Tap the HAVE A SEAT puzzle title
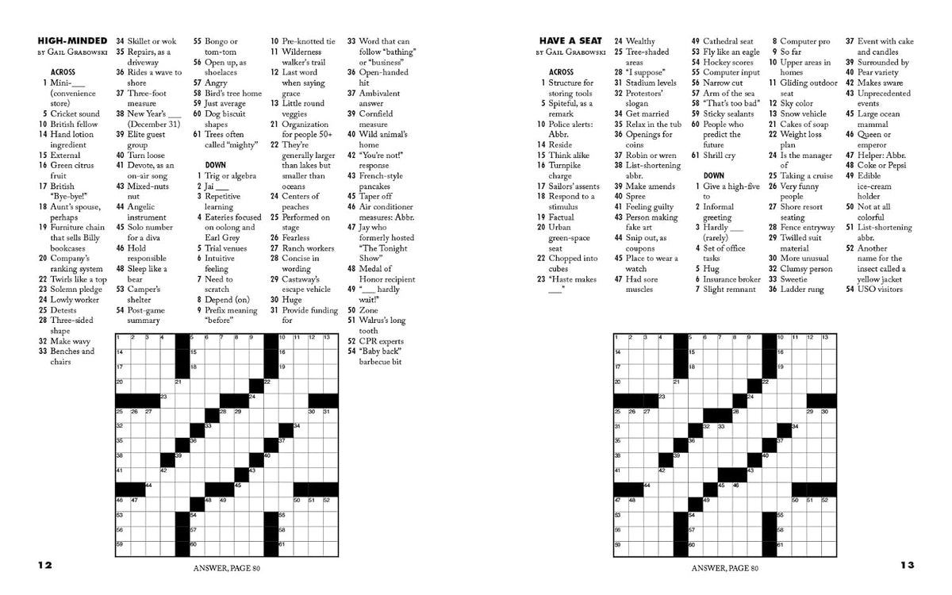570,41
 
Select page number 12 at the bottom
44,566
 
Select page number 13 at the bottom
907,566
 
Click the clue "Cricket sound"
75,113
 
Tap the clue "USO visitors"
880,290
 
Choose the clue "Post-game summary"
147,315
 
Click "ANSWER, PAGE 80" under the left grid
228,568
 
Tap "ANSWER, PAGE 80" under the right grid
725,568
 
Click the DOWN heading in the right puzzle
713,175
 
